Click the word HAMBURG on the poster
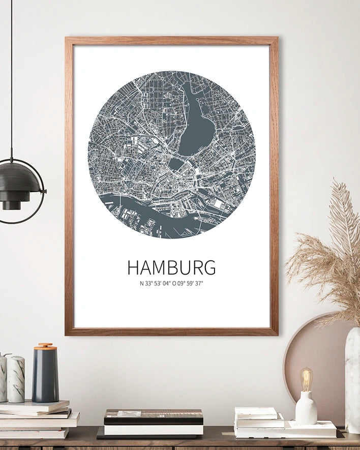(171, 267)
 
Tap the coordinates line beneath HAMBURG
(171, 284)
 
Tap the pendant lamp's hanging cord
(11, 76)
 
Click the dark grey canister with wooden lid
(45, 375)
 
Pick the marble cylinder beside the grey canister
(16, 379)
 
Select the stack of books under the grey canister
(38, 419)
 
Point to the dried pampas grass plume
(331, 254)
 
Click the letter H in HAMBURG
(133, 267)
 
